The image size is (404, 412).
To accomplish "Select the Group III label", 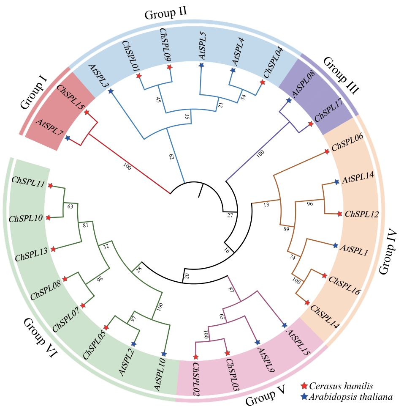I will [x=341, y=75].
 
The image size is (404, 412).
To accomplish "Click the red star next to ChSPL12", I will [x=340, y=214].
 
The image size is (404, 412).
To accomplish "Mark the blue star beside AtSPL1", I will [x=335, y=245].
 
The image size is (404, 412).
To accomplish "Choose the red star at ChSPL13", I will [x=53, y=250].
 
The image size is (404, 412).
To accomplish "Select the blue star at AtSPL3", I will [x=110, y=91].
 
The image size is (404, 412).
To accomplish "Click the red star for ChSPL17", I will [x=310, y=124].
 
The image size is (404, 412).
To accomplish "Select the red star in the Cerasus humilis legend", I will [x=304, y=386].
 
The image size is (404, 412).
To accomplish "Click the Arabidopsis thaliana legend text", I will [x=351, y=397].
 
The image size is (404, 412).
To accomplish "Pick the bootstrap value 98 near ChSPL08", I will [x=100, y=280].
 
